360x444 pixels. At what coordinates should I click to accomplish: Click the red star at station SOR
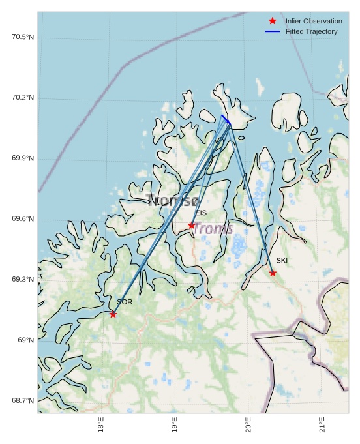113,314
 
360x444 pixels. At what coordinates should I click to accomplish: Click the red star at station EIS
192,226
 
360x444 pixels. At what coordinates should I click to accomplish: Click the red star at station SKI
273,273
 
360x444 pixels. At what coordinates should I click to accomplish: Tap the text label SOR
125,302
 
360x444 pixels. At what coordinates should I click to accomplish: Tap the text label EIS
201,213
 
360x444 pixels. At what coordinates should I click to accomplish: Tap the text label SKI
282,260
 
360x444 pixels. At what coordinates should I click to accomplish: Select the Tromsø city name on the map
173,200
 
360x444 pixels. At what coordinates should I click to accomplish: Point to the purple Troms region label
214,228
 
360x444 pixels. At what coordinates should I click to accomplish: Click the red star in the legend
273,21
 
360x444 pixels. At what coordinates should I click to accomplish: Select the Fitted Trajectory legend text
311,31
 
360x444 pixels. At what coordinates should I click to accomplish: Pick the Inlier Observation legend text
314,21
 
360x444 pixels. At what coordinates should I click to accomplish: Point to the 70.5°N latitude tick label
23,37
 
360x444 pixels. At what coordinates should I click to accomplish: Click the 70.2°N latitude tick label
23,98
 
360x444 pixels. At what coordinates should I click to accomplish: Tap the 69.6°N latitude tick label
23,219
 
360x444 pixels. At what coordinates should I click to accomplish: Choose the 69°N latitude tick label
26,340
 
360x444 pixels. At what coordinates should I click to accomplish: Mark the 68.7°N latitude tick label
23,401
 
